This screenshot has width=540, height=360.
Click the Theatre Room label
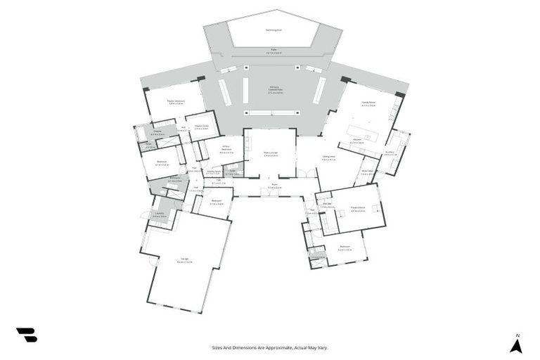(x=357, y=209)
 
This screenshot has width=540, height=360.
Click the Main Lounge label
(x=271, y=153)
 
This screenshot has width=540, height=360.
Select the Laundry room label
(x=159, y=214)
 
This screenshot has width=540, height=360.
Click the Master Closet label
(x=201, y=127)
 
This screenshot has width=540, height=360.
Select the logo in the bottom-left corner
(x=26, y=335)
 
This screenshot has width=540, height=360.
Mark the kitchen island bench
(x=366, y=131)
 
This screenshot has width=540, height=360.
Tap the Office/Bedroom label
(x=226, y=148)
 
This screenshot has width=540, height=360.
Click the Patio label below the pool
(x=274, y=50)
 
